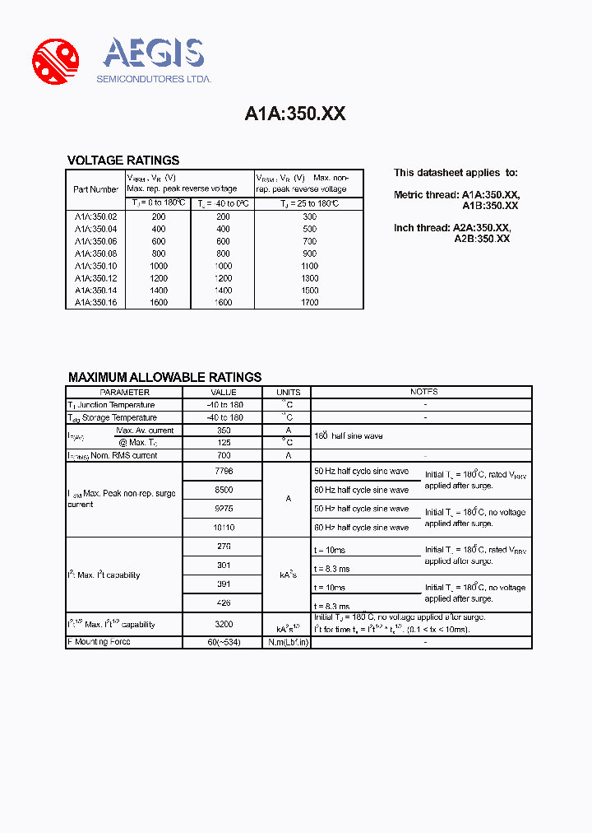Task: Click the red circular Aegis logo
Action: [x=55, y=61]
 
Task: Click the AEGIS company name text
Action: [x=153, y=54]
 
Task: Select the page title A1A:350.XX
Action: [x=295, y=114]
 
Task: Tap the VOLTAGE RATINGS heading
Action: [x=123, y=161]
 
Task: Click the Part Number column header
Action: [x=95, y=189]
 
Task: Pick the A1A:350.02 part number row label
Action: [x=95, y=216]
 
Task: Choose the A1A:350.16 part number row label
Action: [x=95, y=302]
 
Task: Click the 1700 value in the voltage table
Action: [x=308, y=302]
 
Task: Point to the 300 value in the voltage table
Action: [x=308, y=216]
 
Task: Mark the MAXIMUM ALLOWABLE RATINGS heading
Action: [x=164, y=377]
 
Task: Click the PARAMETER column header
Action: [x=124, y=393]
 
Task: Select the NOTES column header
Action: [x=423, y=393]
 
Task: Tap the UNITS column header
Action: [x=289, y=393]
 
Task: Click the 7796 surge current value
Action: [x=223, y=471]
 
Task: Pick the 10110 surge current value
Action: [x=223, y=527]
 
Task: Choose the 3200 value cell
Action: [x=223, y=624]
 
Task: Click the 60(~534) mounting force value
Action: [x=223, y=642]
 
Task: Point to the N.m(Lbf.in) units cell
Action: [x=289, y=642]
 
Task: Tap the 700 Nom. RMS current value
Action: [x=223, y=455]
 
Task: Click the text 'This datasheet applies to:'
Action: [x=456, y=173]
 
